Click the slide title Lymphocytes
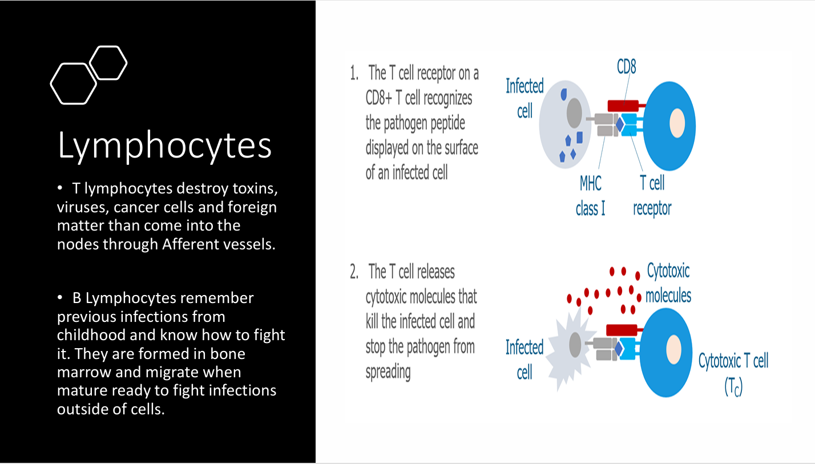pyautogui.click(x=164, y=146)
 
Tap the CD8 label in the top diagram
pyautogui.click(x=626, y=67)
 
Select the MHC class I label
pyautogui.click(x=590, y=196)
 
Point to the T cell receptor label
pyautogui.click(x=652, y=196)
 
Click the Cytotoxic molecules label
pyautogui.click(x=668, y=283)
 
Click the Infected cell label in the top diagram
pyautogui.click(x=524, y=98)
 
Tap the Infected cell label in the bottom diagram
pyautogui.click(x=524, y=360)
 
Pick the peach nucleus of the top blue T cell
pyautogui.click(x=677, y=123)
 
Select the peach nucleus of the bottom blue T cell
pyautogui.click(x=674, y=348)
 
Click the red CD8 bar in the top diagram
pyautogui.click(x=623, y=106)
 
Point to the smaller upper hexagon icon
pyautogui.click(x=108, y=62)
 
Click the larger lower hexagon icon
pyautogui.click(x=73, y=83)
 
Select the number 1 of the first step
pyautogui.click(x=354, y=73)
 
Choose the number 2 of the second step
pyautogui.click(x=354, y=272)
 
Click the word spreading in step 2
pyautogui.click(x=388, y=372)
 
